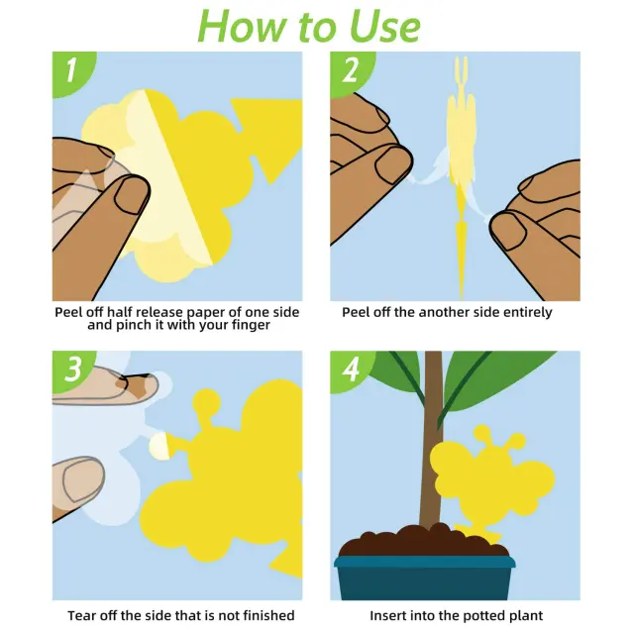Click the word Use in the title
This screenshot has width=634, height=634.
coord(384,26)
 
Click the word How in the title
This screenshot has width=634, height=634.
coord(242,26)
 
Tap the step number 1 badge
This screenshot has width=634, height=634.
coord(71,71)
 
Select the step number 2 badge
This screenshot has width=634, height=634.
coord(350,71)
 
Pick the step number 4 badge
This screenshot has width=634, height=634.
coord(351,370)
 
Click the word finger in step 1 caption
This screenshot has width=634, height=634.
coord(251,325)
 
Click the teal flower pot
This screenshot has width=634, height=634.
coord(425,578)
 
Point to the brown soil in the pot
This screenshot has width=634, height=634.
coord(424,540)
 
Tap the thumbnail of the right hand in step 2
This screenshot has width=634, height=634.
coord(508,231)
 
